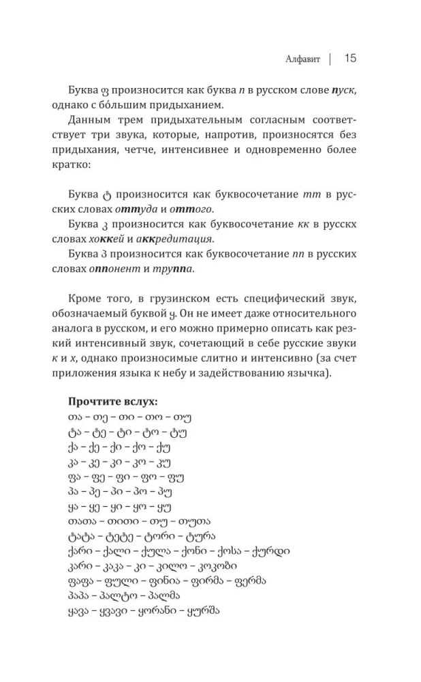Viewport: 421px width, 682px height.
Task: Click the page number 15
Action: pyautogui.click(x=350, y=59)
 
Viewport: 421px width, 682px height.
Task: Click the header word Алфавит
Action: pyautogui.click(x=302, y=59)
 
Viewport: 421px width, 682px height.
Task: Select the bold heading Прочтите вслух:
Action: pyautogui.click(x=113, y=402)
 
